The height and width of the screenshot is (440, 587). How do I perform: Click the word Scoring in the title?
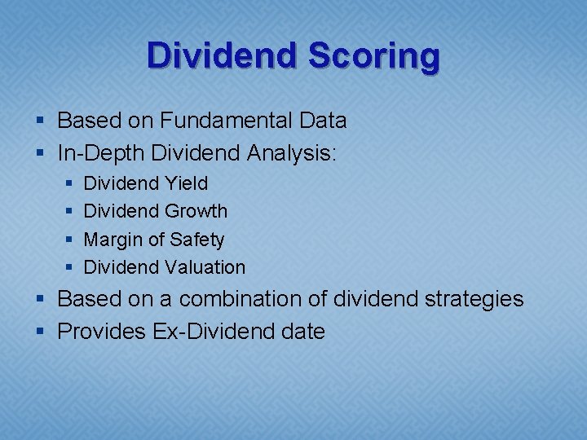tap(376, 55)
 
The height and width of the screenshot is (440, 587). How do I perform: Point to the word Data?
tap(323, 121)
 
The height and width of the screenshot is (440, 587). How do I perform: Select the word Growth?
tap(196, 211)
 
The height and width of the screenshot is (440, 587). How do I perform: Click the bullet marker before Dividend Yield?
tap(68, 184)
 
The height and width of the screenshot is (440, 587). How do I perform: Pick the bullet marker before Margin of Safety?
tap(68, 240)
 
